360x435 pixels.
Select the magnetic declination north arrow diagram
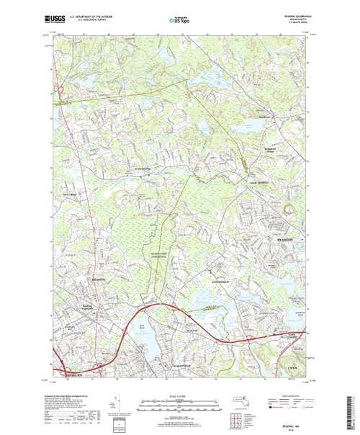click(x=118, y=398)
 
